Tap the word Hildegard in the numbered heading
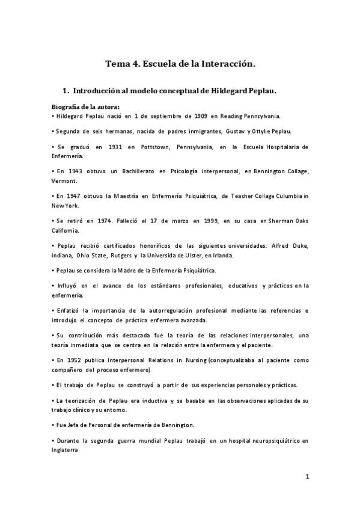click(x=229, y=91)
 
